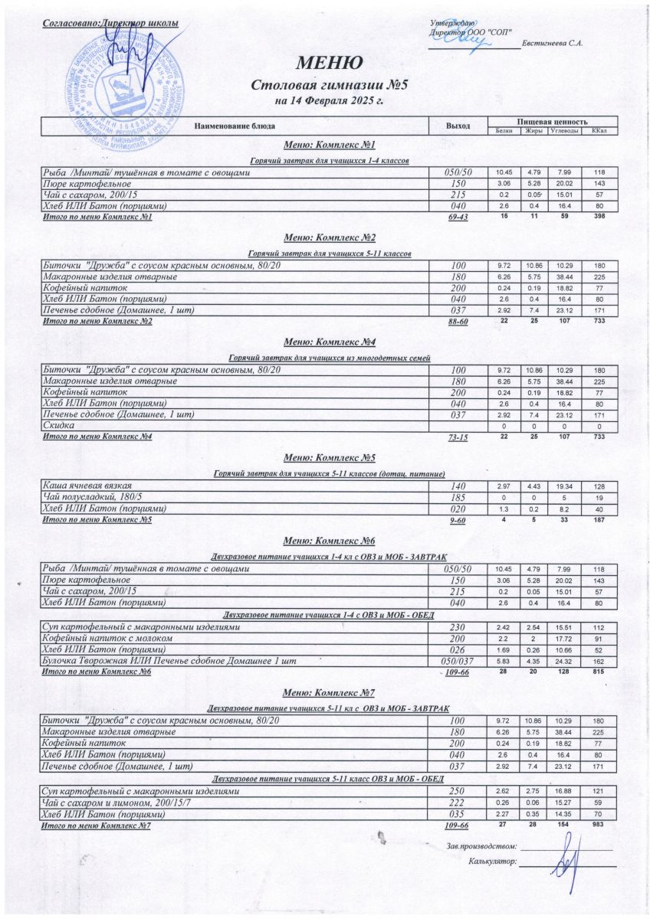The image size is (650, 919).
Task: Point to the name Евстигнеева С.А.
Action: pyautogui.click(x=552, y=43)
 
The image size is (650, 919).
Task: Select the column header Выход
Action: pyautogui.click(x=458, y=125)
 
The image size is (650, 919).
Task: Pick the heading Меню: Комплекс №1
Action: pyautogui.click(x=329, y=146)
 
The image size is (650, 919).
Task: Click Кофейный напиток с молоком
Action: pyautogui.click(x=107, y=638)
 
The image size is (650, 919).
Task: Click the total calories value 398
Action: pyautogui.click(x=599, y=217)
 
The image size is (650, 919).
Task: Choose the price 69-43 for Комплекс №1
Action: pyautogui.click(x=458, y=218)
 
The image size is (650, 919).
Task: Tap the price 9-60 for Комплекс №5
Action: pyautogui.click(x=458, y=520)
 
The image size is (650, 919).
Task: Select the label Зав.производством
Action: pyautogui.click(x=482, y=845)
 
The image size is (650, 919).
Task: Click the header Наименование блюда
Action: pyautogui.click(x=234, y=125)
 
